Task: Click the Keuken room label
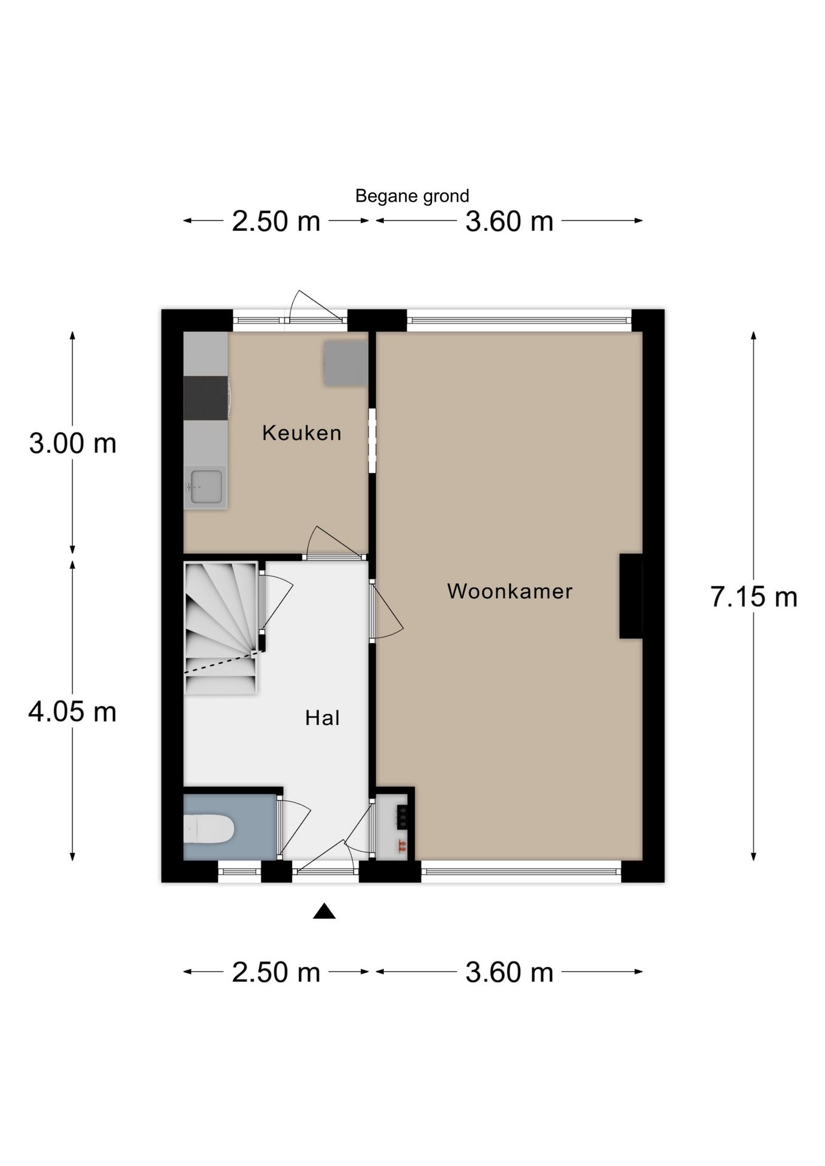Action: pyautogui.click(x=301, y=433)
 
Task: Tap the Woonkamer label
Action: pyautogui.click(x=510, y=591)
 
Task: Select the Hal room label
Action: pyautogui.click(x=322, y=718)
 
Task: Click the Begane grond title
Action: pyautogui.click(x=412, y=196)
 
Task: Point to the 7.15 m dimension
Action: pyautogui.click(x=753, y=597)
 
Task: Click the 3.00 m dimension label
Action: pyautogui.click(x=73, y=443)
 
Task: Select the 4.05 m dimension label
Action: pyautogui.click(x=73, y=711)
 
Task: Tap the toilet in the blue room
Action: pyautogui.click(x=208, y=829)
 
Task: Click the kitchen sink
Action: pyautogui.click(x=205, y=486)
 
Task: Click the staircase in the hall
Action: pyautogui.click(x=221, y=627)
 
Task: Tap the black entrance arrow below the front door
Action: pyautogui.click(x=324, y=911)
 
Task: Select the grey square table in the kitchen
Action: pyautogui.click(x=345, y=363)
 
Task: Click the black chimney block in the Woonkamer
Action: pyautogui.click(x=631, y=596)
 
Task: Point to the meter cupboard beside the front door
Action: pyautogui.click(x=392, y=827)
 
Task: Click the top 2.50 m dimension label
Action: pyautogui.click(x=276, y=221)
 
